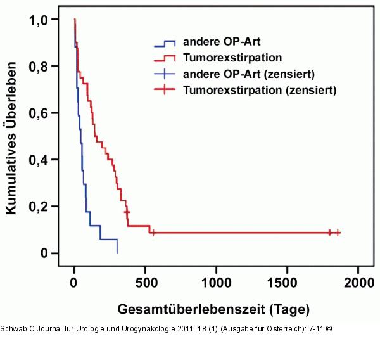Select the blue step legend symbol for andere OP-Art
coord(165,44)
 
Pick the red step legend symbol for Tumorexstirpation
coord(165,59)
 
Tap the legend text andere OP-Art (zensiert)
coord(249,75)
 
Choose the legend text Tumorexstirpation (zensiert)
coord(259,90)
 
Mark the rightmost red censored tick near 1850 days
coord(338,233)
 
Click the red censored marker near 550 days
coord(152,233)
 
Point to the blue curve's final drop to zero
coord(117,247)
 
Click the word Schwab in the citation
coord(15,329)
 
